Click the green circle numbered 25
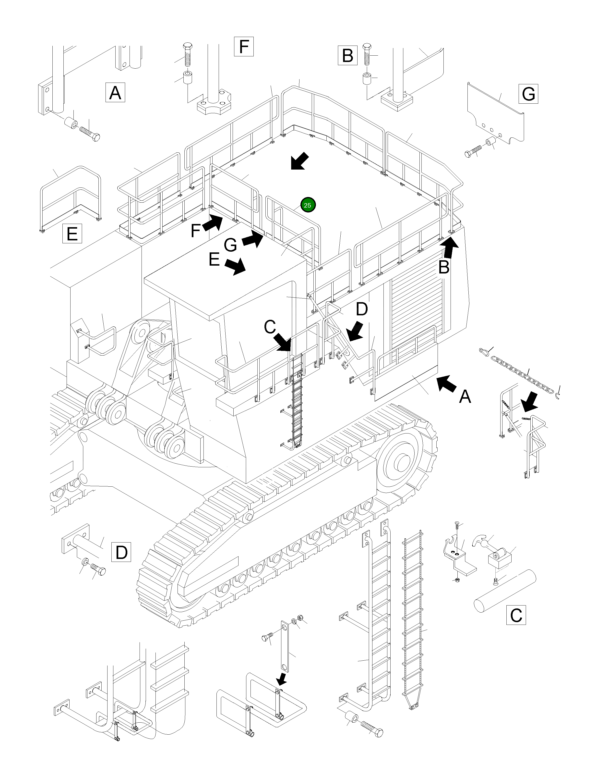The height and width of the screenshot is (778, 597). (x=308, y=205)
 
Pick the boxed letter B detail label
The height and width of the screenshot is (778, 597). (x=347, y=55)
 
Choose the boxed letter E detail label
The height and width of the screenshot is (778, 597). (x=72, y=234)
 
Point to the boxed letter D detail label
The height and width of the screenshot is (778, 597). (x=121, y=552)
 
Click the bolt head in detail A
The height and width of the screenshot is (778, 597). (x=95, y=137)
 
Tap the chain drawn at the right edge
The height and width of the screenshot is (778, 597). (x=522, y=373)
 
